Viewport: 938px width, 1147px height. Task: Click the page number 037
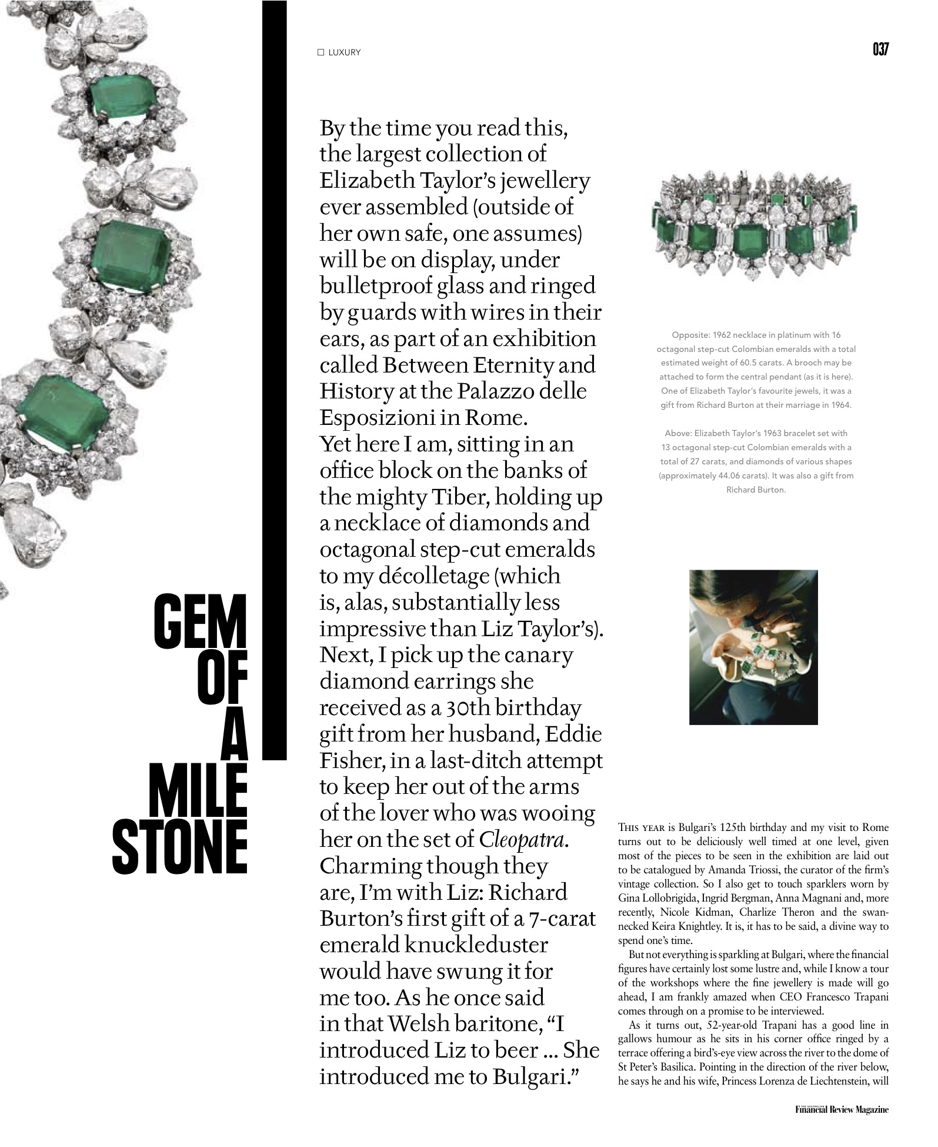click(x=880, y=49)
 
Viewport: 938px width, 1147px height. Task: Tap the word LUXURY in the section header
click(x=345, y=52)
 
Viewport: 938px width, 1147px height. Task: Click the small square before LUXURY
click(x=321, y=52)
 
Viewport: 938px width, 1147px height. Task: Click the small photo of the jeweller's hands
click(x=753, y=647)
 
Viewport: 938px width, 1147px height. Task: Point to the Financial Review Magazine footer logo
click(x=842, y=1109)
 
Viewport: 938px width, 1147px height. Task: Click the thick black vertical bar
click(x=274, y=380)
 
